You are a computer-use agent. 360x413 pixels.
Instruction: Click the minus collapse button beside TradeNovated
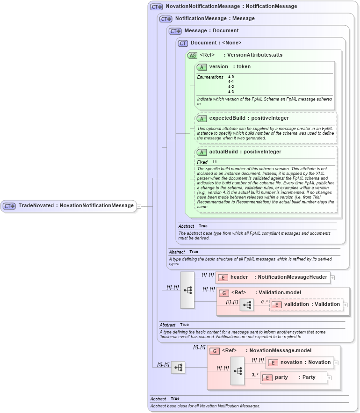click(139, 206)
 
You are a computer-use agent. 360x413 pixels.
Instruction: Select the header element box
click(273, 277)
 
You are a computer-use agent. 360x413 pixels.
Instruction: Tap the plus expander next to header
click(332, 278)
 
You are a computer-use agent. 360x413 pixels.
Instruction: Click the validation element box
click(306, 304)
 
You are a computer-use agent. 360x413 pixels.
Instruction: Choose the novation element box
click(299, 362)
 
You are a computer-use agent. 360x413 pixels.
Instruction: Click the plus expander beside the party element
click(329, 378)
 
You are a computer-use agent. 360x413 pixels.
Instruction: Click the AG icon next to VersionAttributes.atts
click(192, 55)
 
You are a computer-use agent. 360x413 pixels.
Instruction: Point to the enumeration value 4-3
click(231, 92)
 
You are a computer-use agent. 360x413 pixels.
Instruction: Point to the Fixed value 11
click(215, 162)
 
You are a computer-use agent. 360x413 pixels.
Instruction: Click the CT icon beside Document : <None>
click(183, 43)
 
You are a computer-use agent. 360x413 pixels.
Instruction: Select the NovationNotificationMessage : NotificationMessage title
click(231, 7)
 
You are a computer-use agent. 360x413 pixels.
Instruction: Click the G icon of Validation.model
click(224, 293)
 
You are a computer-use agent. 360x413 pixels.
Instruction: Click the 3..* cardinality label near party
click(255, 375)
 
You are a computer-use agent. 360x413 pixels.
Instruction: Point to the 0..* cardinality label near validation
click(265, 302)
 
